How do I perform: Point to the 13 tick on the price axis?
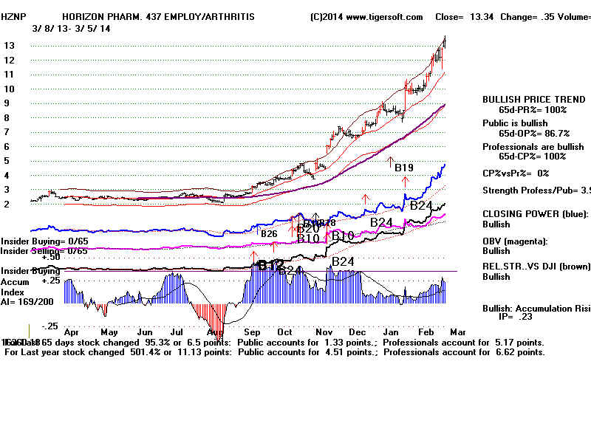pos(10,46)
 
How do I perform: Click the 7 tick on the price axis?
pos(7,132)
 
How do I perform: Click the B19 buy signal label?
pos(403,168)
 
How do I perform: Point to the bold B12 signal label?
pos(270,264)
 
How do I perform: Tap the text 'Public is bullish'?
pos(516,123)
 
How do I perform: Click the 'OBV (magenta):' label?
pos(516,241)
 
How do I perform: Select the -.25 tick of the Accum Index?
pos(50,326)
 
